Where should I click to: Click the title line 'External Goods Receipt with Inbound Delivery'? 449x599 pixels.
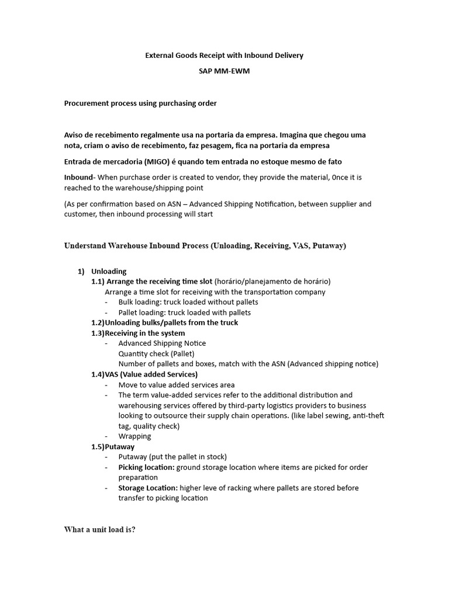point(224,56)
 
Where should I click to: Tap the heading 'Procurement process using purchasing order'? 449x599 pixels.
point(140,104)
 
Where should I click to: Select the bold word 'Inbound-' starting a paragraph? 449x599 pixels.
point(80,177)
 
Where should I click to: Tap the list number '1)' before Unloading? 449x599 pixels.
point(81,271)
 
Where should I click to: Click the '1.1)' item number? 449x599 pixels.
point(98,281)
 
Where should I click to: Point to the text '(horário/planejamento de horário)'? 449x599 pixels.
point(272,281)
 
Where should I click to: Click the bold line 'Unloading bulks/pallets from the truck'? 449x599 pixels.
point(171,322)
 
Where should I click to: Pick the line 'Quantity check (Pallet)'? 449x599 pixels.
point(156,353)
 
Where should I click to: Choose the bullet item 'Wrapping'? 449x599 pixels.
point(134,436)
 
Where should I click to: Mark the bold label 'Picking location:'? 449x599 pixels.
point(146,467)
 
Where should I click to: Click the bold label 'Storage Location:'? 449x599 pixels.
point(148,488)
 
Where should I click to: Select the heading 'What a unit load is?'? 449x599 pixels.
point(99,530)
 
